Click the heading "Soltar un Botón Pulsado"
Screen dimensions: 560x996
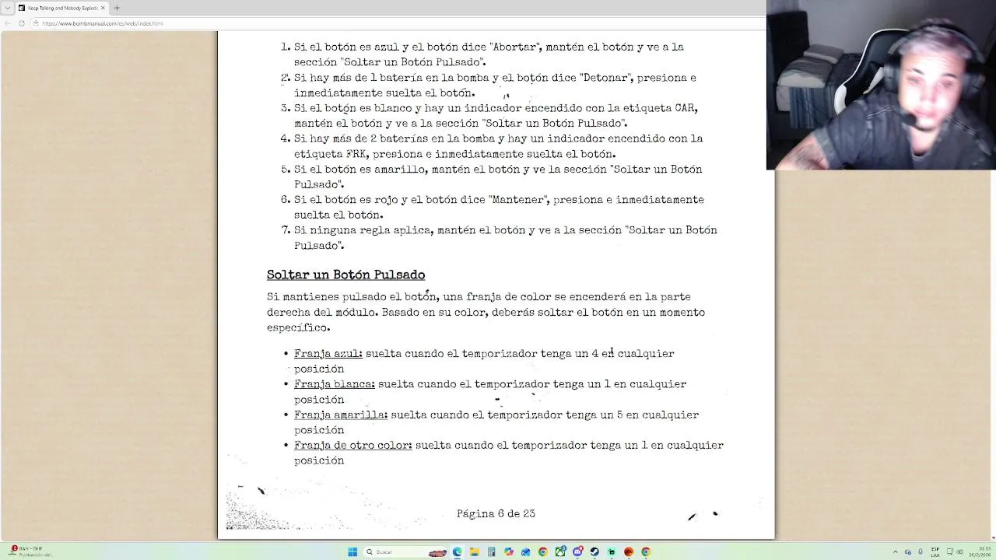pos(345,275)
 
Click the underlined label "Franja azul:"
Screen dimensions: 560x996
pos(328,354)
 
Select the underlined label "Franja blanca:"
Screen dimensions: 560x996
pos(334,384)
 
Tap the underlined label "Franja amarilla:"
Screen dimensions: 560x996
pos(340,415)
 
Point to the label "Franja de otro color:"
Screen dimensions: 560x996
pos(352,446)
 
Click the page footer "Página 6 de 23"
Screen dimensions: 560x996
pos(496,513)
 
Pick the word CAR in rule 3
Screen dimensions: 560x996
pos(685,108)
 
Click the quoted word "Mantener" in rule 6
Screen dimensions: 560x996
pos(517,200)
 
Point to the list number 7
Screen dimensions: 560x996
pos(285,230)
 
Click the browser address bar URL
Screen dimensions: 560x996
pos(103,23)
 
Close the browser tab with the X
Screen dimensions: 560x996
pos(103,8)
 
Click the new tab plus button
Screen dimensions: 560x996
pos(117,8)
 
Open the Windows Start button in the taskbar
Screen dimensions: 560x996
pos(352,552)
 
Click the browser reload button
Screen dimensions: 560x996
pos(22,23)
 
